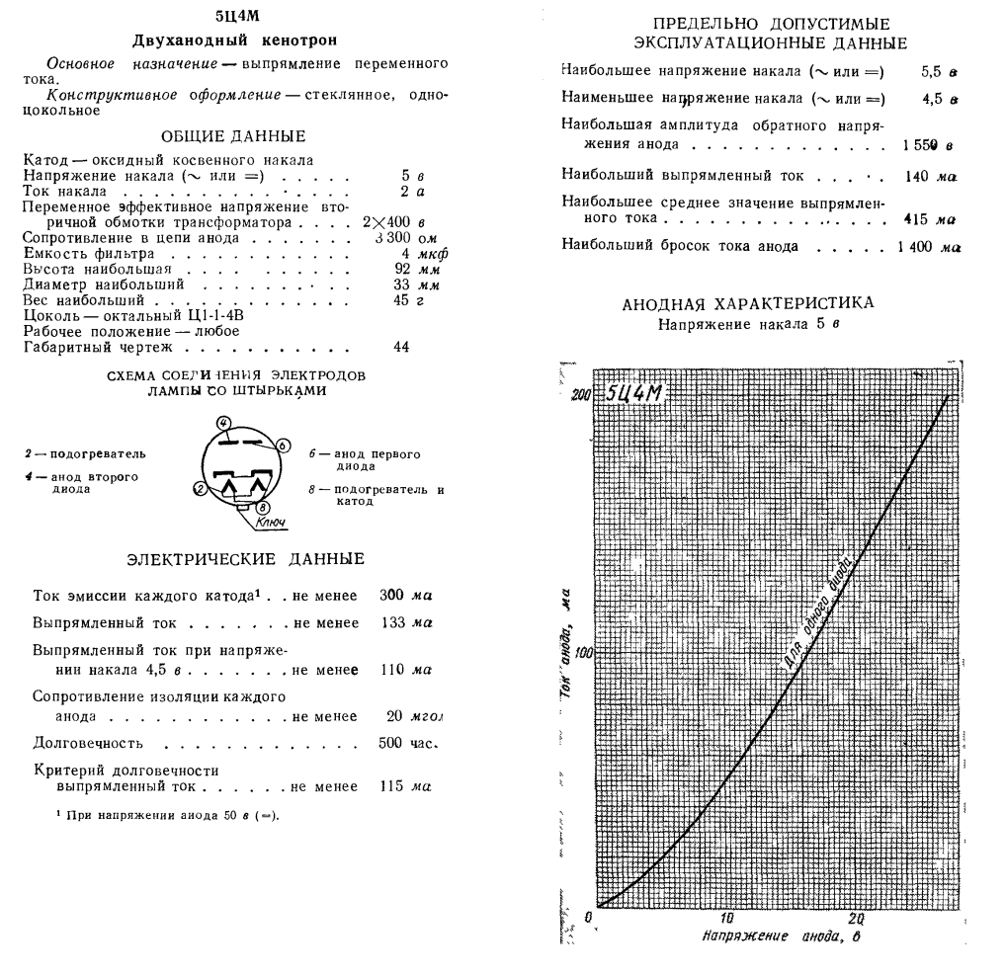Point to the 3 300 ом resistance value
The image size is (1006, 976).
408,238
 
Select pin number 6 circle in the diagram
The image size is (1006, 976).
283,446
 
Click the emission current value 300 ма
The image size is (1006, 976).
407,597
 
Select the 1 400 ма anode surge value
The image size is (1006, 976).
928,245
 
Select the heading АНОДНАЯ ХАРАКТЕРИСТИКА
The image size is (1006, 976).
761,301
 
